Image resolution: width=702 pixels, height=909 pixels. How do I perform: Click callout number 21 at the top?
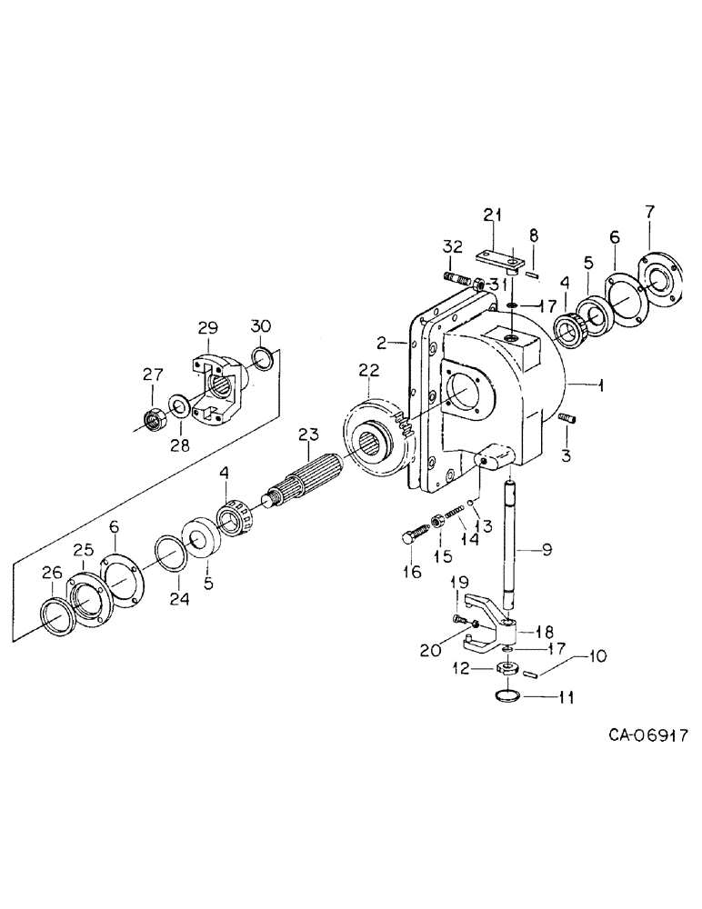(492, 215)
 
